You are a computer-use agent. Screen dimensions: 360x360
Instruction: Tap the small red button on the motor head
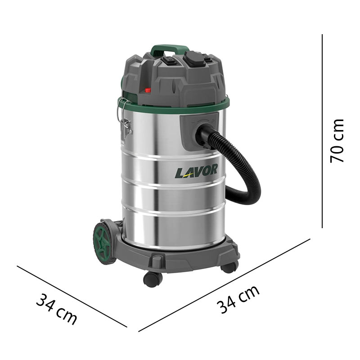(147, 90)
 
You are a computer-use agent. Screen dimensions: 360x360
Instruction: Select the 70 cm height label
(337, 141)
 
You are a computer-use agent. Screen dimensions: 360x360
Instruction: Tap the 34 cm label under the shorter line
(56, 309)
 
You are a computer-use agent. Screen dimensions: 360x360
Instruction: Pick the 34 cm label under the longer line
(238, 299)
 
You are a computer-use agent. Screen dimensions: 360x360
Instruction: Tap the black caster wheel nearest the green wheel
(153, 279)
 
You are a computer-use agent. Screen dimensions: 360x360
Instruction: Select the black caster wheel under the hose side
(229, 267)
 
